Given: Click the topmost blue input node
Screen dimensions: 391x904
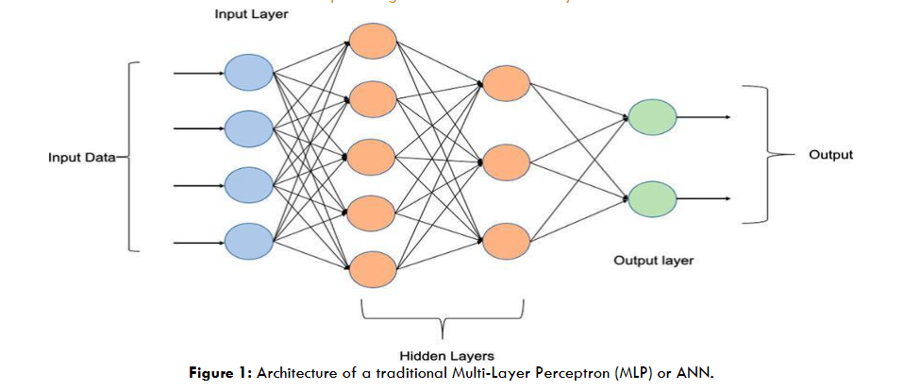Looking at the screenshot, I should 247,72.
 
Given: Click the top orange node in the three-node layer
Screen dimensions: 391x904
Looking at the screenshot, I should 506,83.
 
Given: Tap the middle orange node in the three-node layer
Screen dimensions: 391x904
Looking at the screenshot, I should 506,161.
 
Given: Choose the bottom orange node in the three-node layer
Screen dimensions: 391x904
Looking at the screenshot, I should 506,241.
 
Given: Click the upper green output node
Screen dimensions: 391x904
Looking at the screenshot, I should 652,117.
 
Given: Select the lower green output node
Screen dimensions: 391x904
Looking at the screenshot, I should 652,199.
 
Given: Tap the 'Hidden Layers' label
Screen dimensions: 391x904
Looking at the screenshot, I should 442,355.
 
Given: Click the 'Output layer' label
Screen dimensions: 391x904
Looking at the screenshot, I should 653,260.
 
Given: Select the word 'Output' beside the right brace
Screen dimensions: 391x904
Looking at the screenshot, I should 830,155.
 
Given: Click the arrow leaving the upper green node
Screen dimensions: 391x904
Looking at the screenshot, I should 704,117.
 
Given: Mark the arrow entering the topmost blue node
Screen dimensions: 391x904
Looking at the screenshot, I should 198,72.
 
